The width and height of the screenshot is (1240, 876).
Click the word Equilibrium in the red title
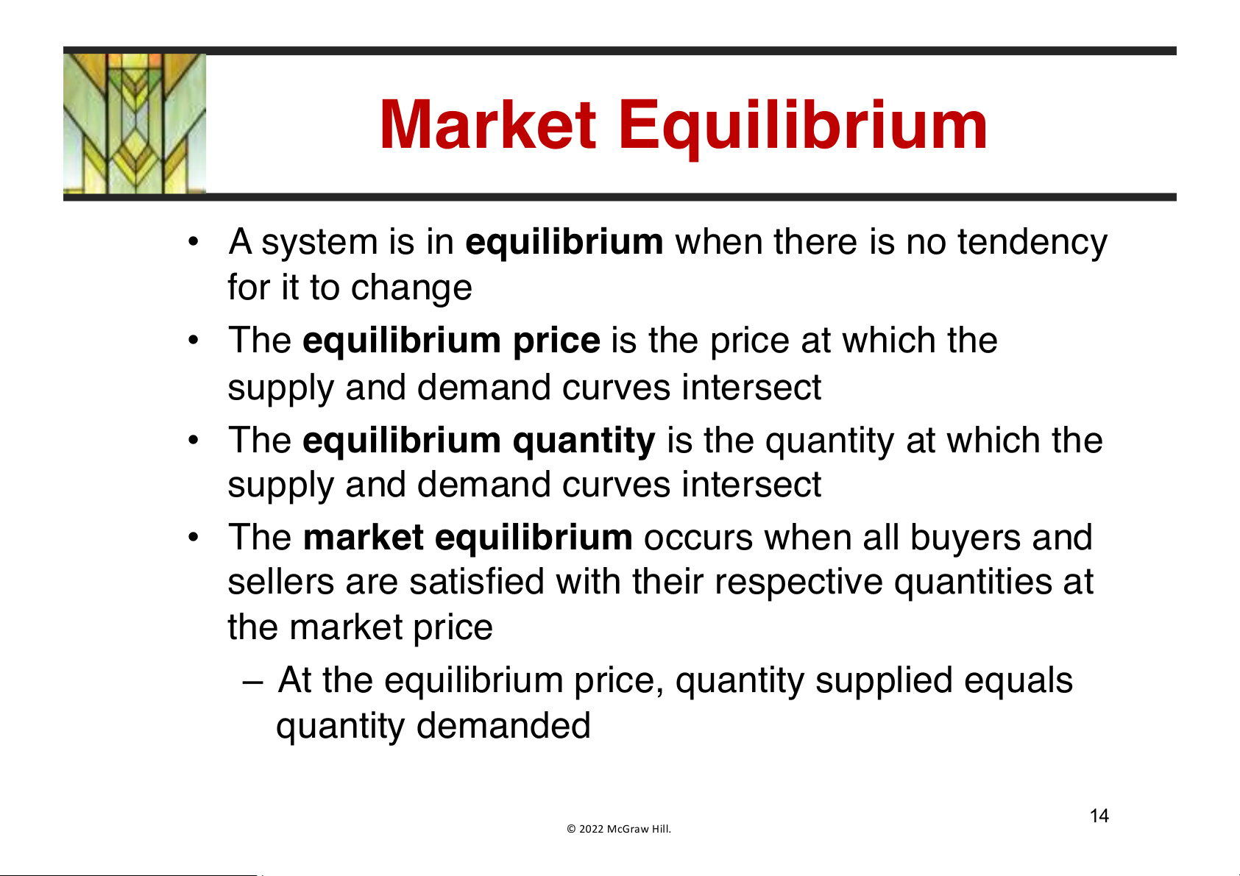tap(803, 129)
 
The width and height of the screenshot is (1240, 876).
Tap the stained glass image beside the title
tap(135, 124)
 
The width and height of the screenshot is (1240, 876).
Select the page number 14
tap(1099, 816)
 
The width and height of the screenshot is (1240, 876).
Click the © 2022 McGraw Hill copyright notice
tap(618, 829)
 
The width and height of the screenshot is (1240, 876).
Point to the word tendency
tap(1032, 243)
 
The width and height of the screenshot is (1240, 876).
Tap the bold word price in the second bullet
tap(556, 341)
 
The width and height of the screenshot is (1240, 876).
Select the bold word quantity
tap(584, 441)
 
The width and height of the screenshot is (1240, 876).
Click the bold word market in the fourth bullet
tap(364, 538)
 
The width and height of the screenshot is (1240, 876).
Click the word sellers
tap(280, 582)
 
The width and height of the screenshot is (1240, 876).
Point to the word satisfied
tap(477, 582)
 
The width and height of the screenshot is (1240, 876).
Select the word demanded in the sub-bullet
tap(503, 726)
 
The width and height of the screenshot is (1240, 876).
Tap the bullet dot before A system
tap(193, 241)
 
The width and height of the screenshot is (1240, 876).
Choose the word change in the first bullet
tap(411, 289)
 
